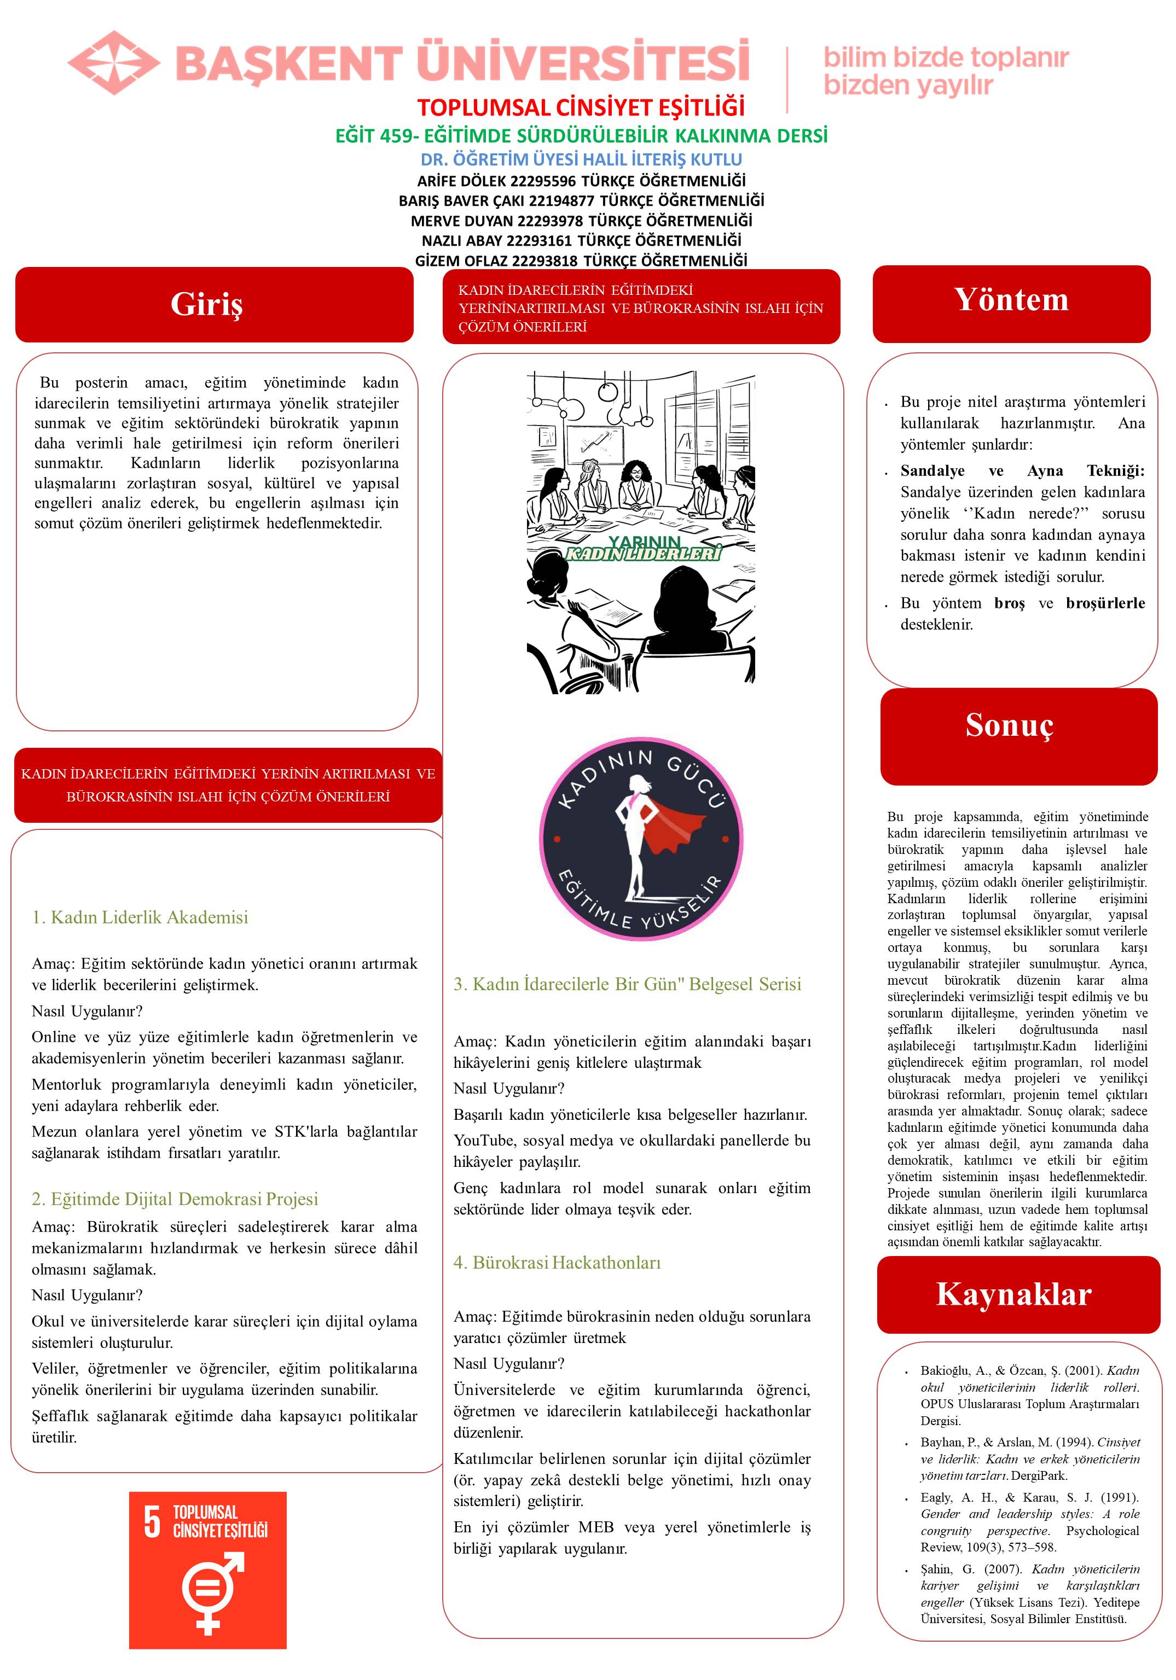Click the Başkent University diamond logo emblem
(x=113, y=62)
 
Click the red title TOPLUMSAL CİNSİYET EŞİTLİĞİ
(x=581, y=108)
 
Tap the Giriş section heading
(x=206, y=304)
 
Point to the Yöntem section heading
(x=1011, y=300)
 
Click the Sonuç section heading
(x=1009, y=725)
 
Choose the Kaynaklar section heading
(x=1013, y=1294)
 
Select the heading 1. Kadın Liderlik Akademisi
(x=140, y=917)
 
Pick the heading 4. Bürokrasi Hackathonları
(x=557, y=1262)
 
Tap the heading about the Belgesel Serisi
(x=627, y=984)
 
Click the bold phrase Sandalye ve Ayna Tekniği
(x=1022, y=470)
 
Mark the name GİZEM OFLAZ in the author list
(x=461, y=260)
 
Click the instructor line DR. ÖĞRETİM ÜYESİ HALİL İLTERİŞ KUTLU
(x=581, y=159)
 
